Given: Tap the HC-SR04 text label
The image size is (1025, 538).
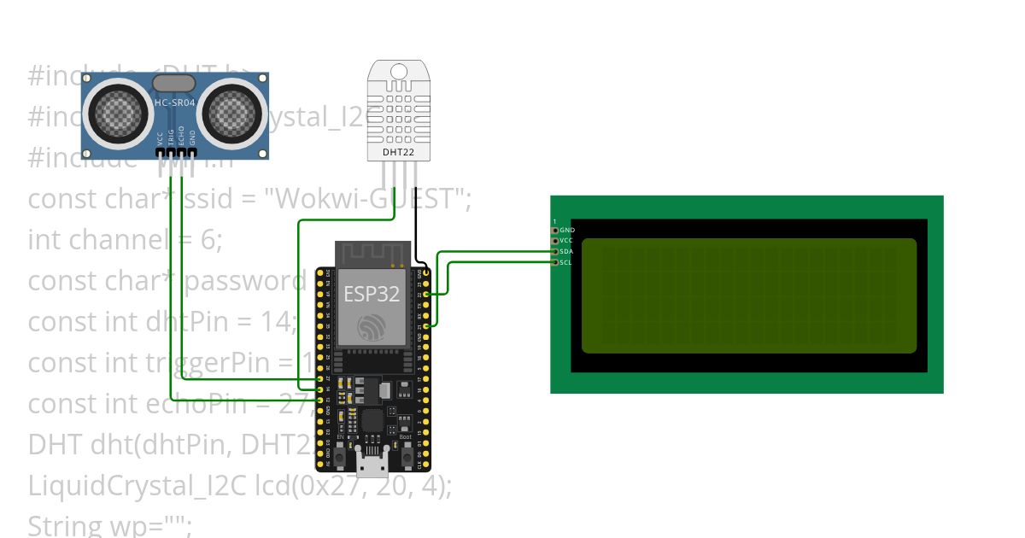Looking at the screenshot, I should pyautogui.click(x=176, y=103).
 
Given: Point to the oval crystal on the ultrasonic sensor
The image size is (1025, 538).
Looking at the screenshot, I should pyautogui.click(x=176, y=83).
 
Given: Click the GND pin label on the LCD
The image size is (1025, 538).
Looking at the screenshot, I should pyautogui.click(x=567, y=231).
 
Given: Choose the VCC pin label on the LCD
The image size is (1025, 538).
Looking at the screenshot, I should pyautogui.click(x=566, y=241).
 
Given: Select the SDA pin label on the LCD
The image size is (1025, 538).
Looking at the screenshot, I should pyautogui.click(x=566, y=251).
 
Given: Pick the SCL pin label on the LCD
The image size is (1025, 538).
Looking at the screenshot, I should pyautogui.click(x=566, y=262).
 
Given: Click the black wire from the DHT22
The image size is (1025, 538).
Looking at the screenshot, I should pyautogui.click(x=416, y=222).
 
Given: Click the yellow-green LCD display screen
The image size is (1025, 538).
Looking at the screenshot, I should pyautogui.click(x=748, y=295).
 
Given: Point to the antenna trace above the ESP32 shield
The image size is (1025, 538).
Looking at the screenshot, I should pyautogui.click(x=367, y=254).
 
